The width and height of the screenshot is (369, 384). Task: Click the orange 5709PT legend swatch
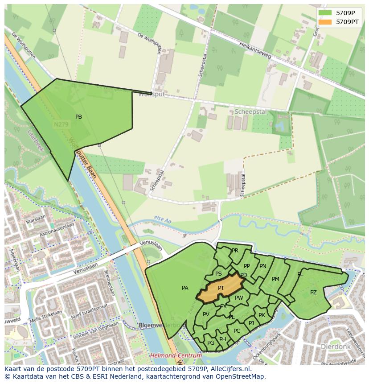point(325,21)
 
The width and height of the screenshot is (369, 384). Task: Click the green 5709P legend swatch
point(325,13)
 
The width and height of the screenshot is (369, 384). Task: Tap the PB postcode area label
point(78,117)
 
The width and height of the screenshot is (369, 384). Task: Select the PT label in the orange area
point(221,288)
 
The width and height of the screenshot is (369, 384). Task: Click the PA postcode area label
point(185,288)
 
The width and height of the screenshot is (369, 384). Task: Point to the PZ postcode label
point(313,293)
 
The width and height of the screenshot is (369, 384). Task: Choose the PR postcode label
point(235,251)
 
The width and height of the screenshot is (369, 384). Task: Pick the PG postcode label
point(211,343)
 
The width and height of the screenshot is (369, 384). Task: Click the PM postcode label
point(275,279)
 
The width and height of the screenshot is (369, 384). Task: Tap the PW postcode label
point(239,298)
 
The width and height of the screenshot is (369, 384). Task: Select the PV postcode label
point(206,314)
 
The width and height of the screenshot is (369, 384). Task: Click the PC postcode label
point(237,331)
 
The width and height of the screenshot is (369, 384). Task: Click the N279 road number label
point(61,125)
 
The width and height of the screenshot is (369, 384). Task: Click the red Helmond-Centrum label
point(176,355)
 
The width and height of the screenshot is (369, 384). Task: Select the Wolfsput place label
point(151,95)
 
